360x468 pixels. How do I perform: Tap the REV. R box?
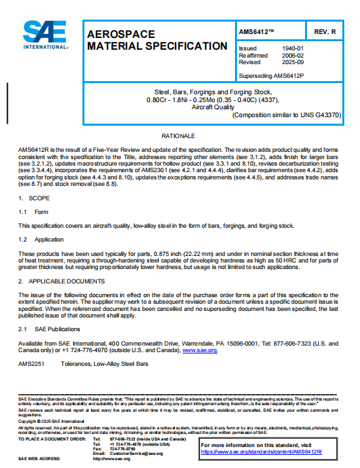pos(325,31)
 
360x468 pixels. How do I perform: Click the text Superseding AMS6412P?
pos(271,75)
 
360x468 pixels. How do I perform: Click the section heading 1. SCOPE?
pos(30,198)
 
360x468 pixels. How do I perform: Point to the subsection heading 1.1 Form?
pos(33,211)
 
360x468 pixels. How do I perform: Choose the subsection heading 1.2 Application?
pos(41,240)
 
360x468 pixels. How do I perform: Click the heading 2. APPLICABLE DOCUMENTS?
pos(62,281)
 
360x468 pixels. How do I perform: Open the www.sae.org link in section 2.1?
pos(200,350)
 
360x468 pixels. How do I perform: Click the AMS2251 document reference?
pos(30,363)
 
